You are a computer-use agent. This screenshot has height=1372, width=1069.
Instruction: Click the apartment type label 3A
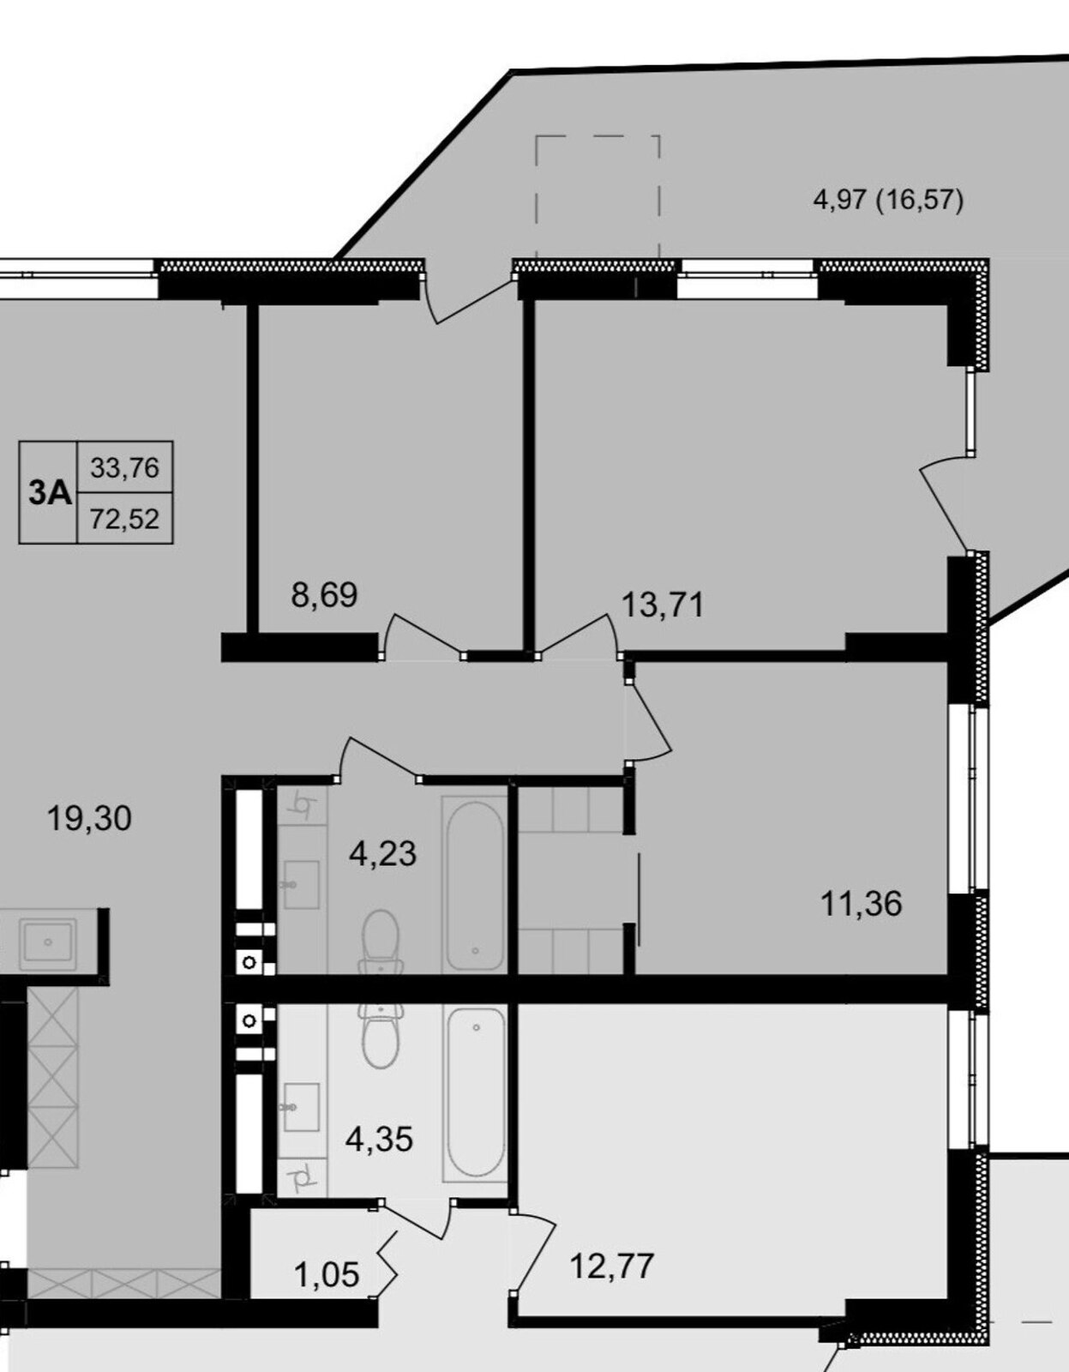[51, 493]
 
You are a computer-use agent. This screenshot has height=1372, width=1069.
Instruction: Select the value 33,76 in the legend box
[125, 468]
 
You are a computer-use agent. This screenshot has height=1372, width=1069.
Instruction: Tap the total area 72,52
[125, 519]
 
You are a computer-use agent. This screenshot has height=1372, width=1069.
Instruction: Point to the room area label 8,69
[324, 594]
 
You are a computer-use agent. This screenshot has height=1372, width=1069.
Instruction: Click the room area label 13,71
[663, 605]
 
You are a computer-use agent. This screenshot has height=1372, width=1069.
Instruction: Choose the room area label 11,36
[862, 903]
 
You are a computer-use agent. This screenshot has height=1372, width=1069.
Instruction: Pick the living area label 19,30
[90, 818]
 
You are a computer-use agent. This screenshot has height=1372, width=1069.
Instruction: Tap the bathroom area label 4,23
[383, 853]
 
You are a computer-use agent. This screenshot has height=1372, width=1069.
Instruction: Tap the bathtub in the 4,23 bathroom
[475, 886]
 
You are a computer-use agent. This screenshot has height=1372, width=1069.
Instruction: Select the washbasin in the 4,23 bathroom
[301, 885]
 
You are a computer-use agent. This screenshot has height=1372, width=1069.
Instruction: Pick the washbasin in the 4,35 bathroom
[301, 1107]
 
